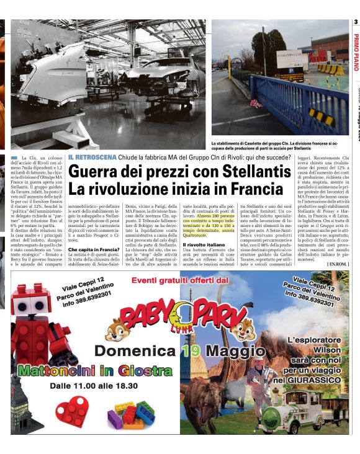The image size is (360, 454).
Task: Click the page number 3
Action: point(356,23)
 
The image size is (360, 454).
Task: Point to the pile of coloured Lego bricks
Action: point(132,414)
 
